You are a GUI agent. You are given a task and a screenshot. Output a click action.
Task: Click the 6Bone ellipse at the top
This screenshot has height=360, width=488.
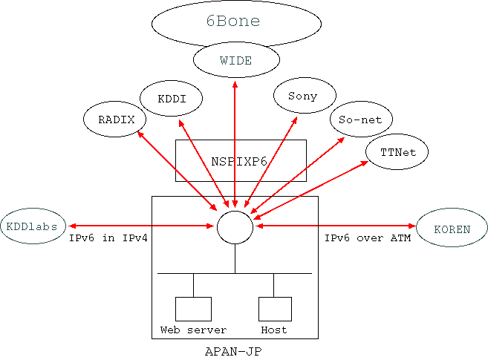click(233, 22)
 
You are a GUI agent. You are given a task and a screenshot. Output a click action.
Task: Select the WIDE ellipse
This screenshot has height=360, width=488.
click(235, 59)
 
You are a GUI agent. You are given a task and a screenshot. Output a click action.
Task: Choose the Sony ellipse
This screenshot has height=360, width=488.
click(304, 96)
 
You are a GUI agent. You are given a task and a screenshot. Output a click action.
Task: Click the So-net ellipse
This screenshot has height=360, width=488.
click(360, 119)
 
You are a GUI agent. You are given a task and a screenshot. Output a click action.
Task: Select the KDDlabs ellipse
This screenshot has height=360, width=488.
click(33, 226)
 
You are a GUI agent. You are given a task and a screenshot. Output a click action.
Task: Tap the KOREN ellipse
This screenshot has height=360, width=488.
click(452, 228)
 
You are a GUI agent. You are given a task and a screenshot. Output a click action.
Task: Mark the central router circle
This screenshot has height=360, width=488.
click(235, 226)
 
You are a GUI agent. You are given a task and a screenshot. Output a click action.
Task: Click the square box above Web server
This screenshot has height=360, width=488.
click(193, 309)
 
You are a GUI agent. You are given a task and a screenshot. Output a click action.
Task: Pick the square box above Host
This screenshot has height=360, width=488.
click(273, 309)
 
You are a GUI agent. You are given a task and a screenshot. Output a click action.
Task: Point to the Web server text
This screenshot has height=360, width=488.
click(193, 330)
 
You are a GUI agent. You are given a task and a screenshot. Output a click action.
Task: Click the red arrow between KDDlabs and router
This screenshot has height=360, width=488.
click(141, 226)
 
